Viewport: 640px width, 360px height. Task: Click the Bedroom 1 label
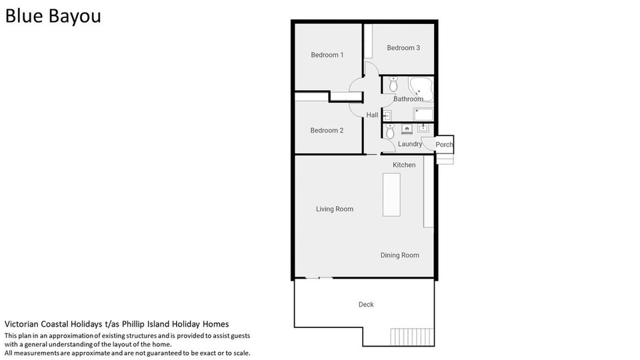[327, 55]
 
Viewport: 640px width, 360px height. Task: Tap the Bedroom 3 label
[403, 48]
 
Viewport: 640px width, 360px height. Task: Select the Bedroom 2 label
[327, 130]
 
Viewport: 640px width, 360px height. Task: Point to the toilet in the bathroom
[393, 84]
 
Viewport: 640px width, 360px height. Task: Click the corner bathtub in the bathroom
[421, 89]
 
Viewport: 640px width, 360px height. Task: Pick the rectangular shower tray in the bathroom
[423, 114]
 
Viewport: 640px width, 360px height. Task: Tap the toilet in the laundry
[390, 131]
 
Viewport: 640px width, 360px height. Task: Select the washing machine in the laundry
[407, 129]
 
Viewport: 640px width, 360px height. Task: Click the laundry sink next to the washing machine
[423, 129]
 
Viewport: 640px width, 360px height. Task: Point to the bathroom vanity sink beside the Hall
[387, 115]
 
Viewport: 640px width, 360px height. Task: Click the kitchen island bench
[391, 195]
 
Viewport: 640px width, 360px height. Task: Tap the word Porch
[444, 145]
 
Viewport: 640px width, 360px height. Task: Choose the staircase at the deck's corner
[412, 337]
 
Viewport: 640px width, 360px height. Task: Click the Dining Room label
[399, 255]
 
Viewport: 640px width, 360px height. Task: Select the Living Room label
[334, 209]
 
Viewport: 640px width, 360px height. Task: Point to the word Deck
[366, 305]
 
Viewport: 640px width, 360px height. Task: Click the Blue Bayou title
[53, 16]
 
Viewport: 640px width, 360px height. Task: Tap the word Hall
[372, 115]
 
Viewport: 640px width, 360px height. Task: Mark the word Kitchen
[404, 165]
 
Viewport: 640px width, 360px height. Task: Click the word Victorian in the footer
[21, 324]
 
